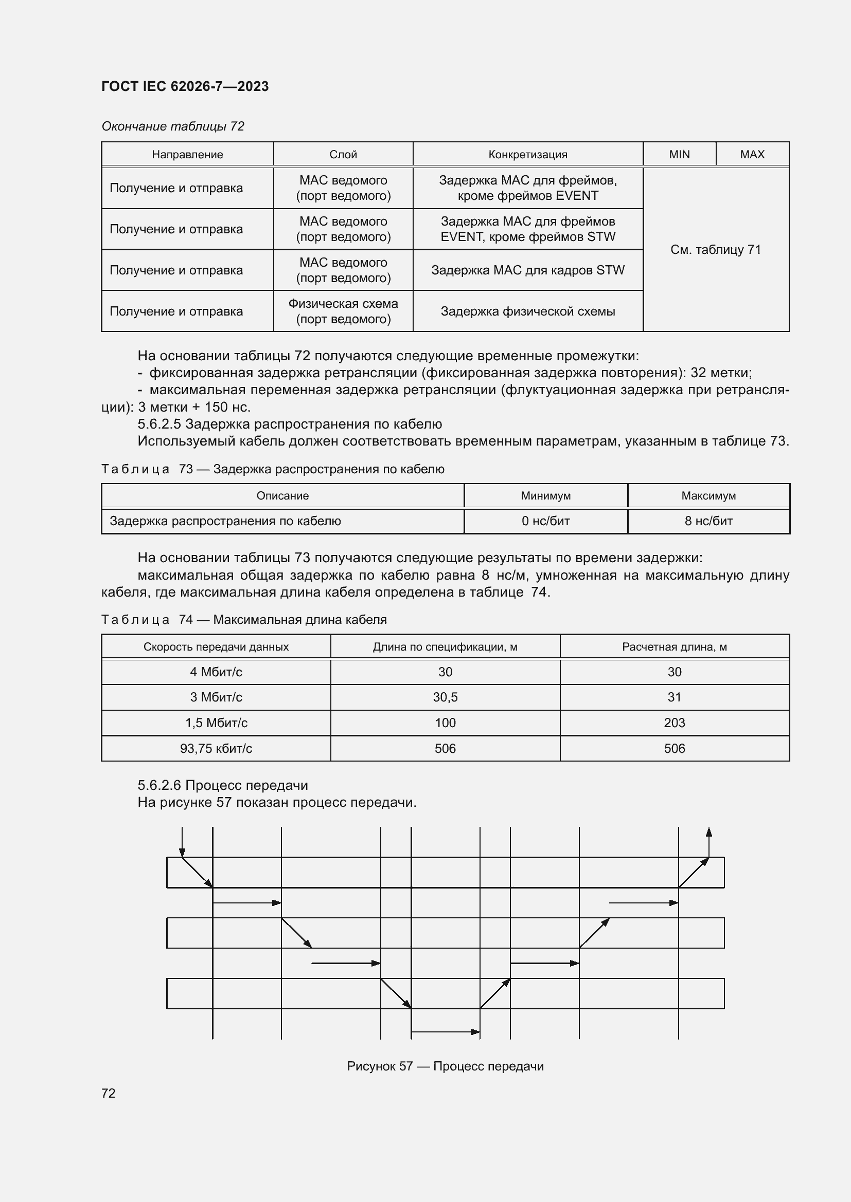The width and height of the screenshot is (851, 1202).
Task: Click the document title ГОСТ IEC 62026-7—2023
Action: pos(185,86)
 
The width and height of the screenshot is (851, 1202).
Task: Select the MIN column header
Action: pos(679,155)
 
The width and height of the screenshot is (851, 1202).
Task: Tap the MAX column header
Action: pos(752,155)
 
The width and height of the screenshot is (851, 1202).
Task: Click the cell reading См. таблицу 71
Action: pos(715,250)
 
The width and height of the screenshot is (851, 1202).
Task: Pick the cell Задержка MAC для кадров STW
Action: pos(528,270)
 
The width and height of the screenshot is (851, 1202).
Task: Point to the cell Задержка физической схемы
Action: pos(528,311)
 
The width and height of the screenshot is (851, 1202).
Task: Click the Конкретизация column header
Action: pos(528,155)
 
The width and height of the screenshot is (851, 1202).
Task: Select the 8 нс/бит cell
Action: pos(708,521)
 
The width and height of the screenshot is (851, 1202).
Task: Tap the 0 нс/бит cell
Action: pos(545,521)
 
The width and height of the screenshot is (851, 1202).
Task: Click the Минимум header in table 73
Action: pos(545,496)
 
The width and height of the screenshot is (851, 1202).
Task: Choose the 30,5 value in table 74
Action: pos(445,697)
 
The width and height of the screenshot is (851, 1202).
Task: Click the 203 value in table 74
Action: pos(675,723)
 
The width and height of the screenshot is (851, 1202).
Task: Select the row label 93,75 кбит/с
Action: pos(216,749)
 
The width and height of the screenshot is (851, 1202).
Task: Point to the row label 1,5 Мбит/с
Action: pos(216,723)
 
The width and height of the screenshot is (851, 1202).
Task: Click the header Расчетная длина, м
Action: pos(675,647)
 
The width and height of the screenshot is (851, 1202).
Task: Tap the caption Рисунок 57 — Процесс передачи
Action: pos(445,1066)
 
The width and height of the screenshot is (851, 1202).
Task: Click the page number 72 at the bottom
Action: pos(109,1093)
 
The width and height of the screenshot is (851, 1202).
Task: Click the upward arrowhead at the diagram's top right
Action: pos(708,833)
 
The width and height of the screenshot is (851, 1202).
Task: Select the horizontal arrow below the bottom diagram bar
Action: pos(446,1032)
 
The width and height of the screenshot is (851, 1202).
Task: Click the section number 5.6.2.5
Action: pos(160,424)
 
